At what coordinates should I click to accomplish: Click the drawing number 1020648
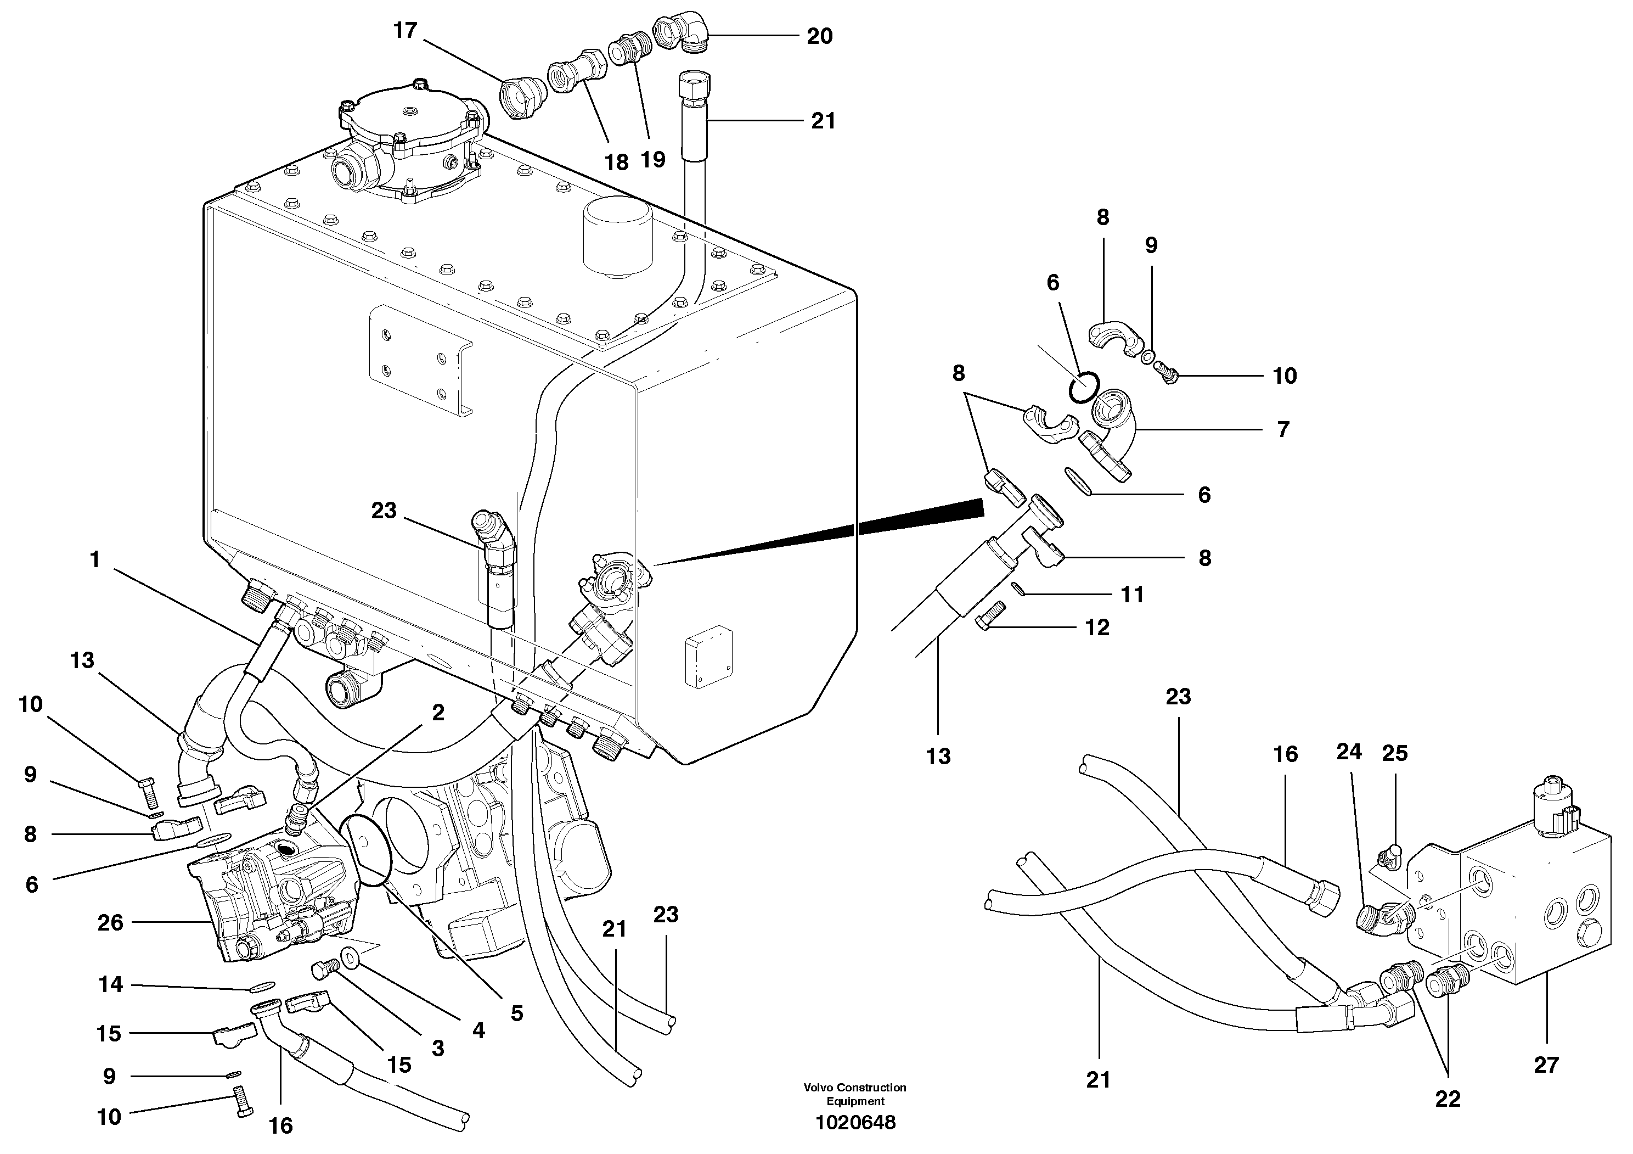click(855, 1123)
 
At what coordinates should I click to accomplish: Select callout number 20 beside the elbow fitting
click(819, 36)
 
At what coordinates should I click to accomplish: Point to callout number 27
click(1546, 1065)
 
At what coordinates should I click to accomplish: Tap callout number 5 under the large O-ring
click(516, 1014)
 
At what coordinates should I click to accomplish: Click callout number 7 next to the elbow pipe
click(1283, 430)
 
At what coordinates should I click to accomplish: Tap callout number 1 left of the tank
click(94, 560)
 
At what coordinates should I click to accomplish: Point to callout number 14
click(110, 985)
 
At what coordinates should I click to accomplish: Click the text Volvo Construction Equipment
click(855, 1094)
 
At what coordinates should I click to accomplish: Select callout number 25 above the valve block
click(1395, 753)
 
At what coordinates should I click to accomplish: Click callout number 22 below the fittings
click(1448, 1099)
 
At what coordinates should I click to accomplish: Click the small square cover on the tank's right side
click(708, 662)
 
